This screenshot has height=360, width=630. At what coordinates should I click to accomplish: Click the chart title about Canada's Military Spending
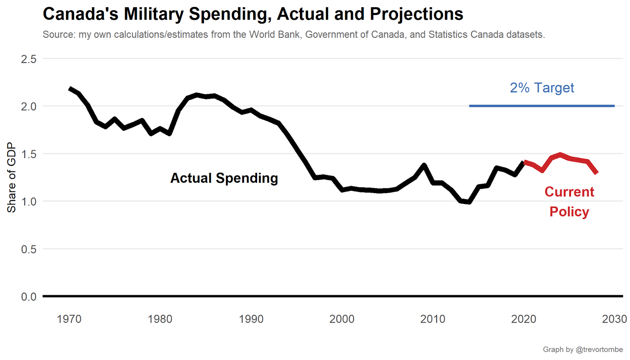(x=253, y=14)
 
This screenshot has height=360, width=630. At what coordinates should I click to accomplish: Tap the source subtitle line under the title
(x=293, y=35)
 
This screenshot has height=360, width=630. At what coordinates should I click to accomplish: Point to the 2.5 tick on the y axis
(x=28, y=59)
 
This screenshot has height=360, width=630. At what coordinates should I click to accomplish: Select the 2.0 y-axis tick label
(x=28, y=106)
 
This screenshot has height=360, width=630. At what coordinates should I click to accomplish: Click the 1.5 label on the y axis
(x=28, y=154)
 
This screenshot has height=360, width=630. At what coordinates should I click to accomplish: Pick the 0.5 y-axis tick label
(x=28, y=249)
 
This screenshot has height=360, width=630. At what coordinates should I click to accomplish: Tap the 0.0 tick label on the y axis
(x=28, y=297)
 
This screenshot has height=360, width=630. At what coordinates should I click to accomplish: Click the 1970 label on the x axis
(x=69, y=319)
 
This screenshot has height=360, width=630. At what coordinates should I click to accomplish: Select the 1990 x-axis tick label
(x=251, y=319)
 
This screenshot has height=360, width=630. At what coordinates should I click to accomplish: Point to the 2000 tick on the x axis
(x=342, y=319)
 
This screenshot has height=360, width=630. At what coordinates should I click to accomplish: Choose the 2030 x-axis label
(x=614, y=319)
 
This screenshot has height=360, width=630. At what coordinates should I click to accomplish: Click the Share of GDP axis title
(x=11, y=177)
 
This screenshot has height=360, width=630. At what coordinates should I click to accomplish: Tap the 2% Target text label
(x=542, y=88)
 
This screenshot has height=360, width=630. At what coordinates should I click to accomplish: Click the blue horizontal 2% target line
(x=541, y=106)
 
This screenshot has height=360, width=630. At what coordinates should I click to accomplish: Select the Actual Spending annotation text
(x=224, y=178)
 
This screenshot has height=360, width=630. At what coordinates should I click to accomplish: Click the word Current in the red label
(x=569, y=192)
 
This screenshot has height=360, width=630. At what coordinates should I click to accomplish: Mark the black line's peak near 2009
(x=424, y=165)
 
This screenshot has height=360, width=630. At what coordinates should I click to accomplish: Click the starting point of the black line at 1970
(x=70, y=89)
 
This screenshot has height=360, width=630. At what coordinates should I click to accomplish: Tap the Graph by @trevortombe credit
(x=583, y=349)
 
